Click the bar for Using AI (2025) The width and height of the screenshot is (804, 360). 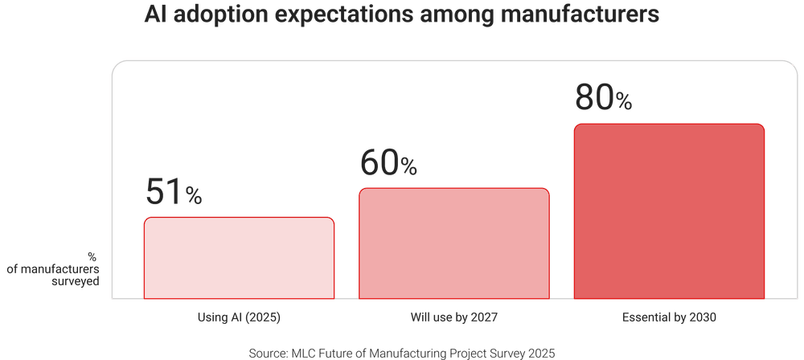(239, 258)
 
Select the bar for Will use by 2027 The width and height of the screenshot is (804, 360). (453, 243)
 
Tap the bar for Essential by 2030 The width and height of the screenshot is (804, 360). (669, 211)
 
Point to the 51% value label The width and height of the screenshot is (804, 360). (174, 192)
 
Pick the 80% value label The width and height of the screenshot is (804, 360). (603, 98)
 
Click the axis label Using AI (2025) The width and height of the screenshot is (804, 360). (239, 317)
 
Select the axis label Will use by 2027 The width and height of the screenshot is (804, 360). (453, 317)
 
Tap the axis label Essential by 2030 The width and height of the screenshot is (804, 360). (669, 317)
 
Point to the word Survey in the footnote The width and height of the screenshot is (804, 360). (506, 353)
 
